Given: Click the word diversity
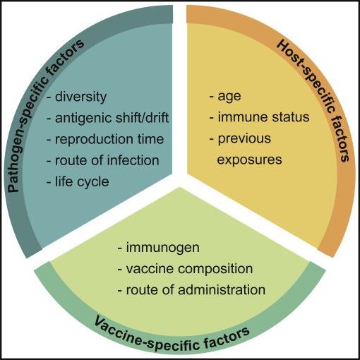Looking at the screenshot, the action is (80, 97).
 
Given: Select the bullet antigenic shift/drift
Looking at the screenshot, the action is (107, 118).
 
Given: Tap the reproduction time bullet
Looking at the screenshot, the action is (105, 140).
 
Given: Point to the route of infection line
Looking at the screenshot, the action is (103, 160).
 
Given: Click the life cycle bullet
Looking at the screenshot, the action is (78, 182).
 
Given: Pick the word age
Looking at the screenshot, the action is (229, 97).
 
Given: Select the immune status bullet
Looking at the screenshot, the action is (259, 117).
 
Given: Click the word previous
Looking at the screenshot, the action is (244, 139).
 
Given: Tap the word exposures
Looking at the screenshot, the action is (249, 160).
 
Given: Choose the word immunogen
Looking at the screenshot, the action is (163, 248).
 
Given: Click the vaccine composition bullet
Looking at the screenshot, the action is (185, 269).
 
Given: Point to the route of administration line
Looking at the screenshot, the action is (191, 289).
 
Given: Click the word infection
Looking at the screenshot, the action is (133, 160).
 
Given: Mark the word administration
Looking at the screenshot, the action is (222, 289).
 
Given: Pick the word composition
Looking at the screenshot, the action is (215, 269).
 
